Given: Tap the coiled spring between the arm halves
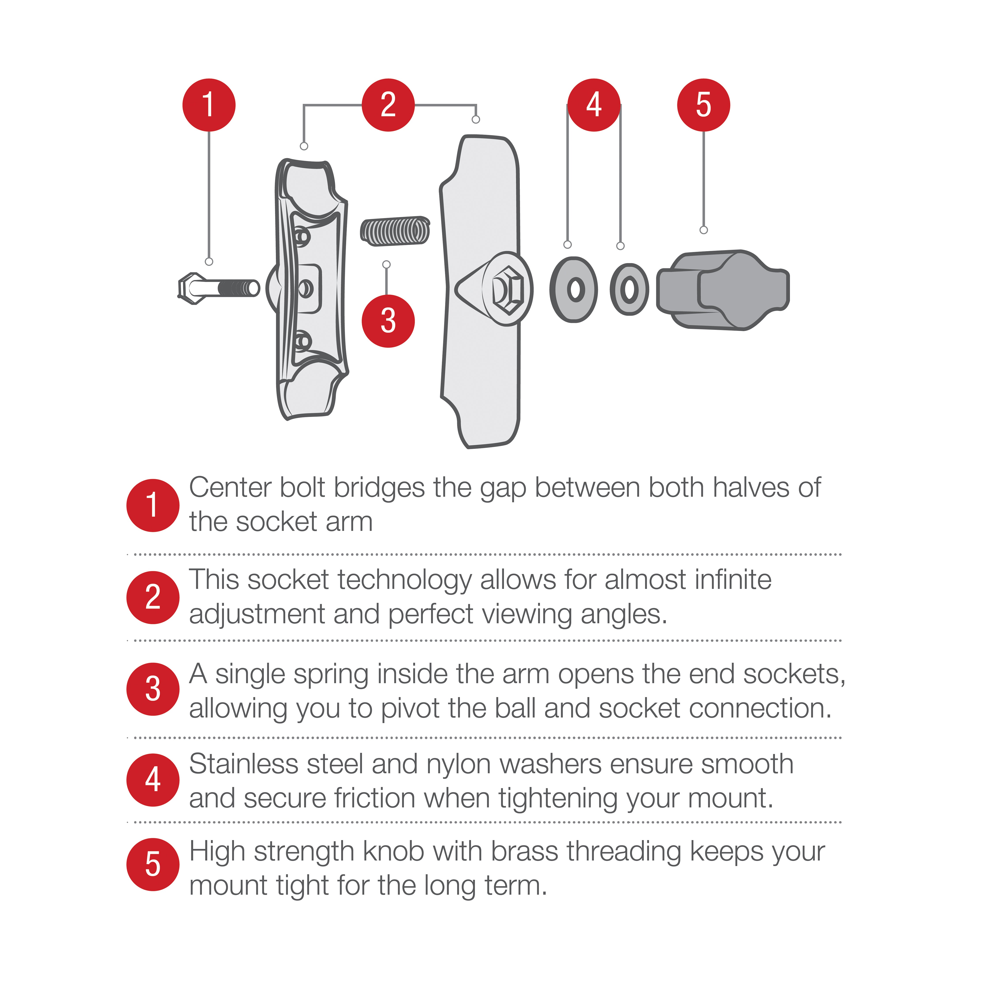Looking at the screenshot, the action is tap(395, 231).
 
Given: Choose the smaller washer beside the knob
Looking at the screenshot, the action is tap(629, 289).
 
